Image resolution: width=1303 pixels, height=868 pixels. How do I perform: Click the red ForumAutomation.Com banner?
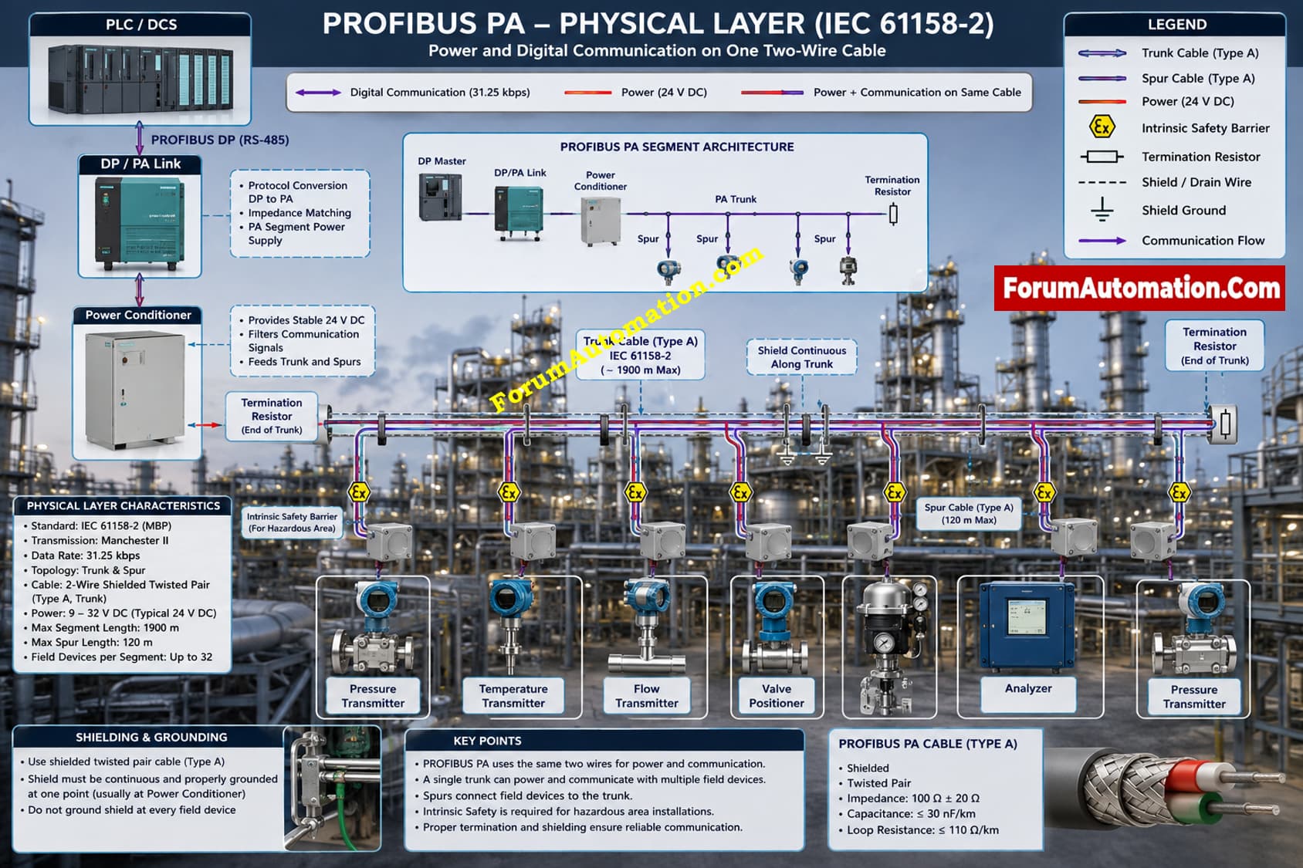click(x=1139, y=288)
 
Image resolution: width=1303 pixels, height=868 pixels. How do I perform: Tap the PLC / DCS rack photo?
click(x=140, y=79)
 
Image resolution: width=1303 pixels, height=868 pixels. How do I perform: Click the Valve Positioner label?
click(x=777, y=696)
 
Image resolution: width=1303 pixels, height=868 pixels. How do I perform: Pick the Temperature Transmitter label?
click(x=513, y=696)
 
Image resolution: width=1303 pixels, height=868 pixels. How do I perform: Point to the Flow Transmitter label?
click(x=646, y=696)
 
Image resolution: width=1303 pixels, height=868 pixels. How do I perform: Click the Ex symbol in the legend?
click(x=1102, y=127)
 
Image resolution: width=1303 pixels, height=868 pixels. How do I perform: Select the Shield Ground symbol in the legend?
click(x=1102, y=210)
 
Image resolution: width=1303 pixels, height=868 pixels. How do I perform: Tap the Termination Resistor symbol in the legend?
click(x=1102, y=157)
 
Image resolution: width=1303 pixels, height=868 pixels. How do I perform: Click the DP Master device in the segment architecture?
click(x=440, y=197)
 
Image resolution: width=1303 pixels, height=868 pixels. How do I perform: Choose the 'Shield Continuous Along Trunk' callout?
click(x=801, y=357)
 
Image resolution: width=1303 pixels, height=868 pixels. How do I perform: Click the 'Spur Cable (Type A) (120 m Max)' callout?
click(x=969, y=513)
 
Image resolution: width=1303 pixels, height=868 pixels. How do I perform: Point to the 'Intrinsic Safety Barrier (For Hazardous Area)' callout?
click(x=292, y=522)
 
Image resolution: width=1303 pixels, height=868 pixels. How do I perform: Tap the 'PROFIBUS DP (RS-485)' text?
click(x=220, y=140)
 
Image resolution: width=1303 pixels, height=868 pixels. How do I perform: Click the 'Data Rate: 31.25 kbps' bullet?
click(x=85, y=556)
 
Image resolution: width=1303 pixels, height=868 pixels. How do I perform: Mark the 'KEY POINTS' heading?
click(x=487, y=741)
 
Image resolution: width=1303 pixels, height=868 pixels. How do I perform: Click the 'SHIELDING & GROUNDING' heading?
click(x=151, y=737)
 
